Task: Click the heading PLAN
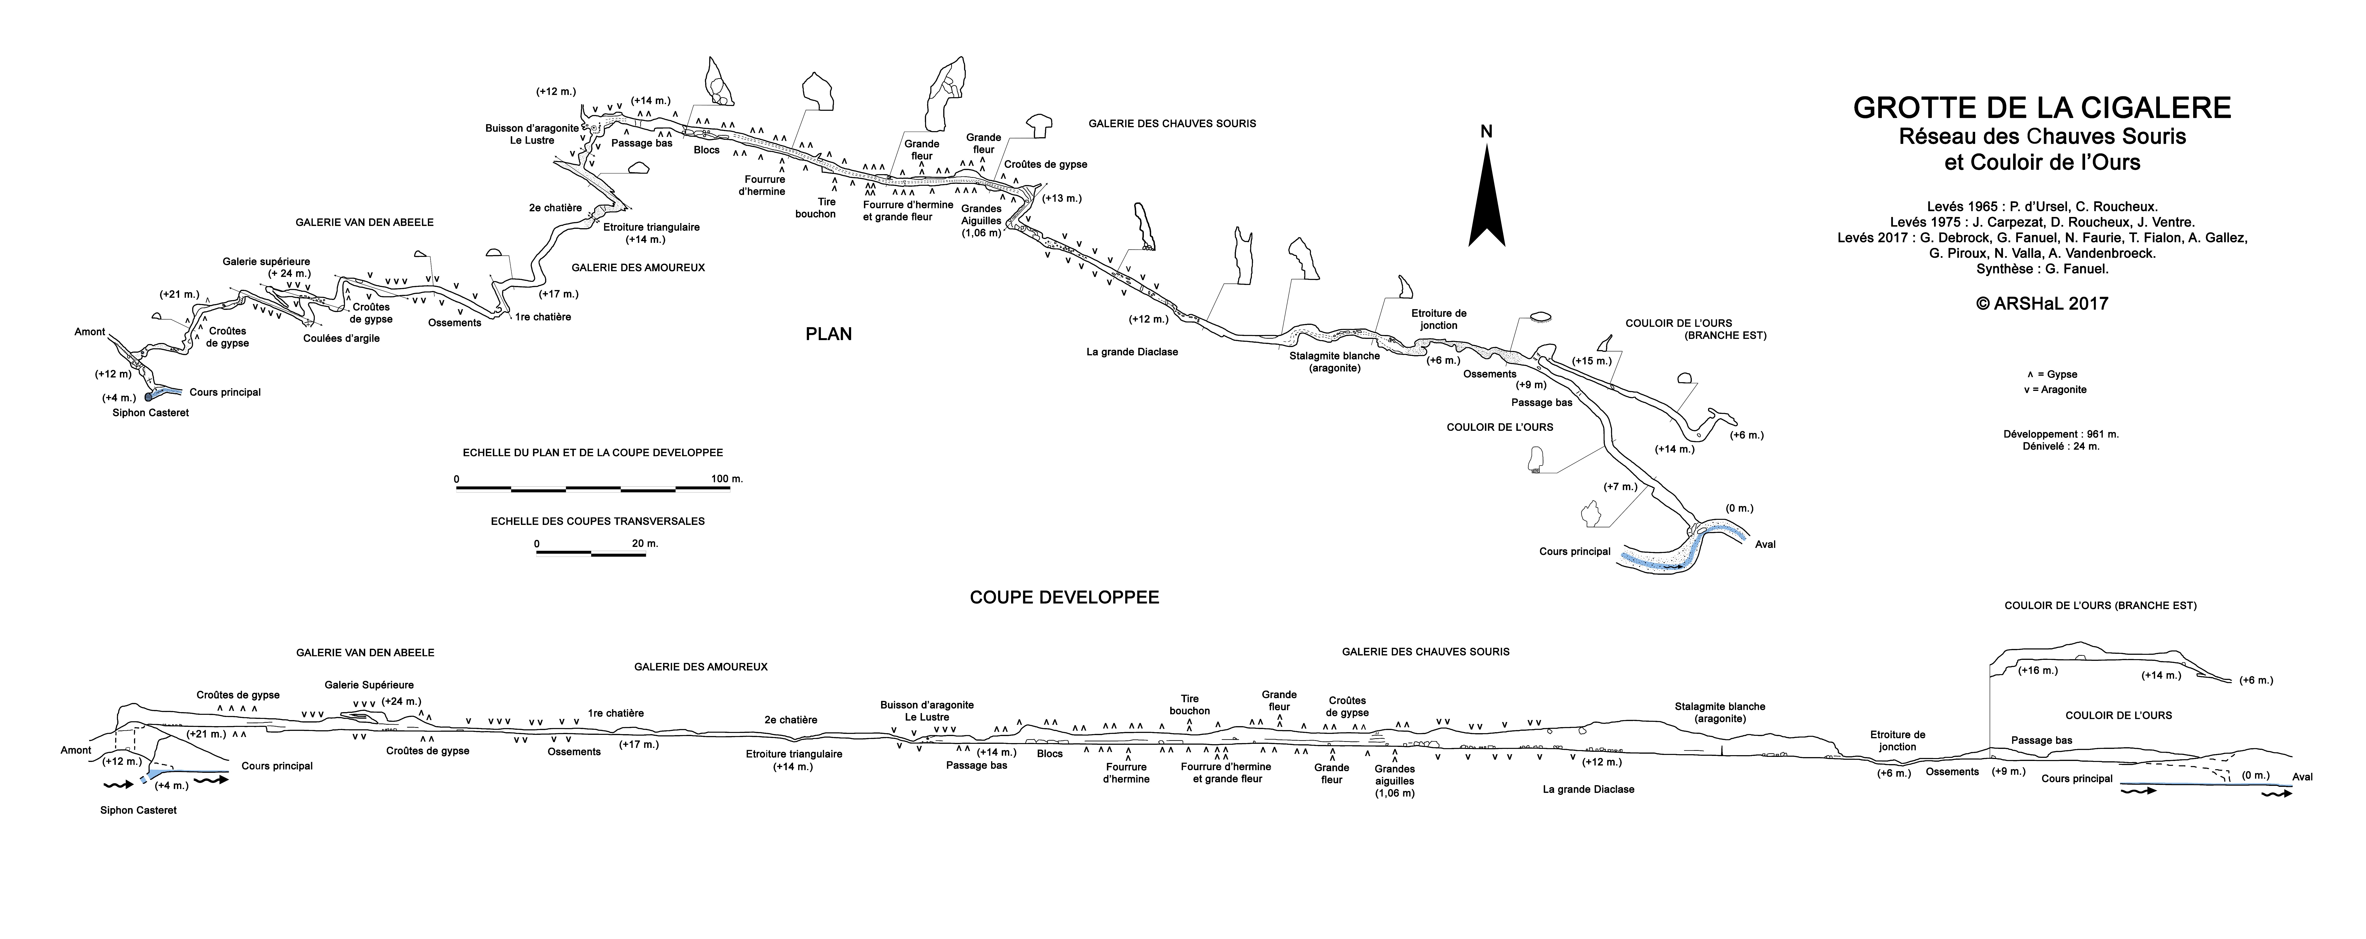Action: pos(828,335)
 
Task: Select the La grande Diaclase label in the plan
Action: pos(1132,352)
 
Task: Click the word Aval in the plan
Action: pos(1765,545)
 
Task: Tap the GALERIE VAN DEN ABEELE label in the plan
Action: pos(365,222)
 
